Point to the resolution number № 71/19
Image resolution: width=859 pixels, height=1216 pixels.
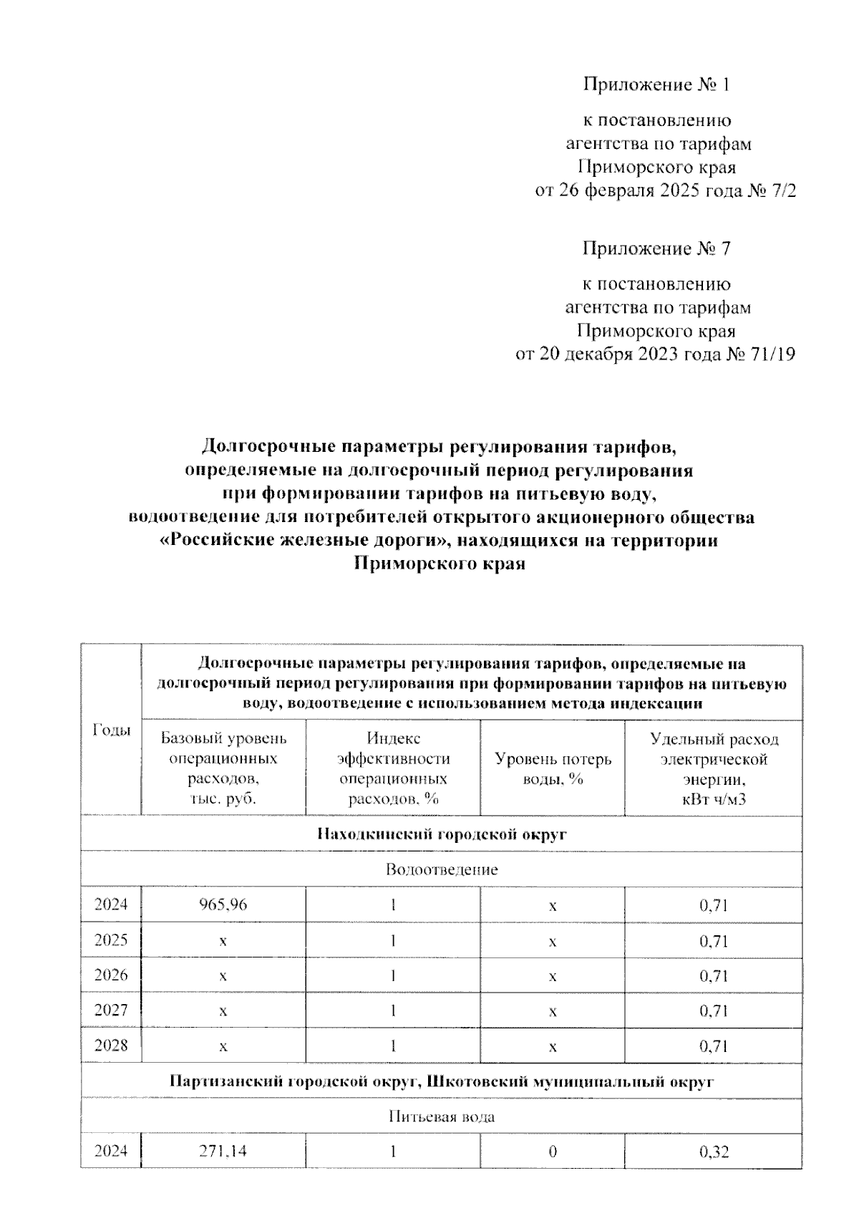[759, 354]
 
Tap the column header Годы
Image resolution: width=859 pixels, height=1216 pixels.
[112, 730]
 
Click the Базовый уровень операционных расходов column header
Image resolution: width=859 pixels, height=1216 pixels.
[223, 768]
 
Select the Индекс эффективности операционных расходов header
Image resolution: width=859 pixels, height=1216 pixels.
[393, 768]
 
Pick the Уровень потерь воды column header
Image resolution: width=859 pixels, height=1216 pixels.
[553, 768]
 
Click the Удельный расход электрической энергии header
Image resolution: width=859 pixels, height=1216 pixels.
[713, 768]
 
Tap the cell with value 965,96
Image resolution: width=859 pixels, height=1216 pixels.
[223, 904]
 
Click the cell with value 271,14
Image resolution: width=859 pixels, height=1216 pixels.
[223, 1152]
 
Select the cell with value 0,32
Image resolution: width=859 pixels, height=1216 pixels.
[713, 1152]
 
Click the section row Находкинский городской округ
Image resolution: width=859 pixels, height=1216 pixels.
[441, 834]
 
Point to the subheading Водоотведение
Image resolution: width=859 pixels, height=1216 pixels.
[441, 869]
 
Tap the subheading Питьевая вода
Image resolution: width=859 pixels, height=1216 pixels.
[441, 1116]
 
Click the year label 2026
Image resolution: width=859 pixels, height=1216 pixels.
[112, 975]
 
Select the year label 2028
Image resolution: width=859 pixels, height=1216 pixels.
[112, 1045]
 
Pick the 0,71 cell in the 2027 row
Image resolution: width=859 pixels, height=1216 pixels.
[713, 1010]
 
